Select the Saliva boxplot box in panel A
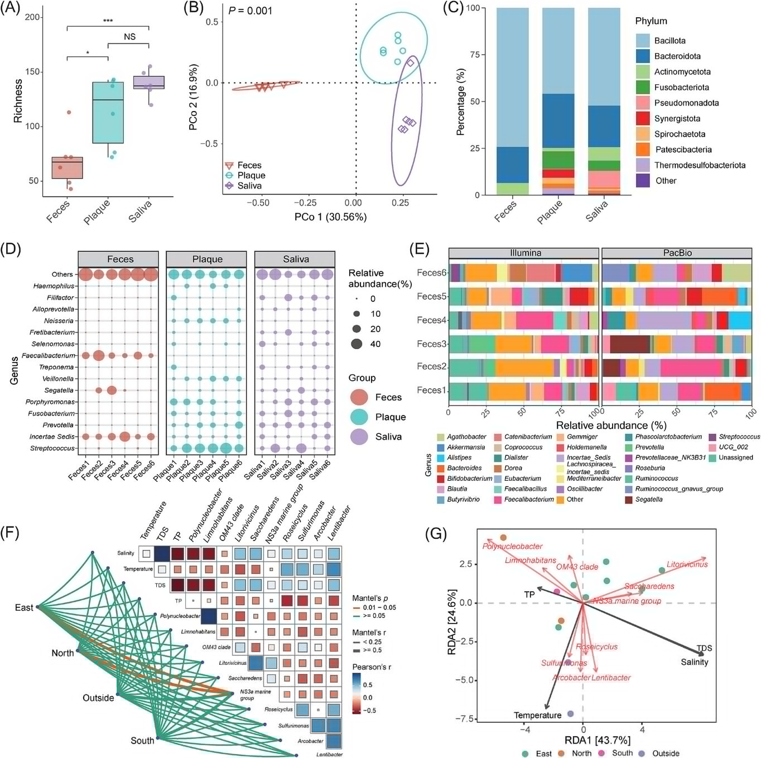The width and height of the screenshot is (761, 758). point(148,83)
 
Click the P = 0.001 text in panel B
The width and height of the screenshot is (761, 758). point(250,11)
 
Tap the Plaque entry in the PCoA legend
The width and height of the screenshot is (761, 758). point(251,176)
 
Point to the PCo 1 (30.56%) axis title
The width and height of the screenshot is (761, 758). point(330,217)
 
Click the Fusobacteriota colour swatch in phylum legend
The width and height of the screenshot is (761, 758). point(643,87)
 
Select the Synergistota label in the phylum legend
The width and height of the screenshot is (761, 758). point(677,118)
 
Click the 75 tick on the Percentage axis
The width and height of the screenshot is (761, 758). point(474,55)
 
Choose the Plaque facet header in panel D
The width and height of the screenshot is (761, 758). point(207,259)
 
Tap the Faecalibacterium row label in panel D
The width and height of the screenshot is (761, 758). point(48,355)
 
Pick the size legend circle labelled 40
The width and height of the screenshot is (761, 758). point(357,344)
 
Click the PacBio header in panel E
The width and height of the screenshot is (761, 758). point(677,253)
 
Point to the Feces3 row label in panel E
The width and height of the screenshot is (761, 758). point(432,344)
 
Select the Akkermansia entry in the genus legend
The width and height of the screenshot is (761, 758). point(465,447)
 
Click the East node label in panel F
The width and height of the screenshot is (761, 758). point(24,607)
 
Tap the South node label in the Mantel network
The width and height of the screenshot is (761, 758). point(142,741)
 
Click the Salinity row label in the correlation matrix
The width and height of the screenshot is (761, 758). point(126,553)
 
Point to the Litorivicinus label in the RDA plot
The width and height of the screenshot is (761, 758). point(687,564)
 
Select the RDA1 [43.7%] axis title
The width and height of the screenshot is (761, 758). point(597,740)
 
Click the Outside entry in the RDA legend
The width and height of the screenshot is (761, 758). point(666,754)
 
